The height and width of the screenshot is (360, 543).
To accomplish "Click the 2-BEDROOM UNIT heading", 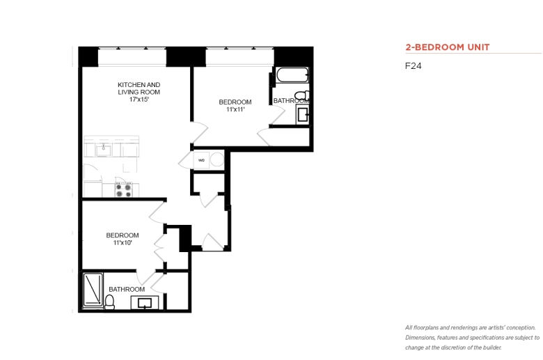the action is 448,47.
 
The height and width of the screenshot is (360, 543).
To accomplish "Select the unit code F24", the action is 413,66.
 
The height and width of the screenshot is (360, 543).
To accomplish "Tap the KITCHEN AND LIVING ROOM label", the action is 139,88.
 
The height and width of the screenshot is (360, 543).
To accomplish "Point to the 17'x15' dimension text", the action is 139,100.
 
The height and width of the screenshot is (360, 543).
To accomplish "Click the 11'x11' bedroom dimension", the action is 235,109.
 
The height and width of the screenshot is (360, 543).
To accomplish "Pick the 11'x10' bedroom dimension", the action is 123,242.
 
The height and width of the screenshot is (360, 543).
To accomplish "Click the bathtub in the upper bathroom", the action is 292,75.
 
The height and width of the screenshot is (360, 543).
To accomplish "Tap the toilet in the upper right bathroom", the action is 301,95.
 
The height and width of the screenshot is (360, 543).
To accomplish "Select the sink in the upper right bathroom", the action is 303,115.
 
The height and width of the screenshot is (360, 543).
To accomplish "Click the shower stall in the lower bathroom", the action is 93,290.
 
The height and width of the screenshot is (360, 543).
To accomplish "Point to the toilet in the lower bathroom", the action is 110,302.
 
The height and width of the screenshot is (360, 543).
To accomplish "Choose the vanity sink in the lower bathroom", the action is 144,303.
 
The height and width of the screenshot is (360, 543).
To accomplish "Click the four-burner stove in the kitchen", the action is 124,190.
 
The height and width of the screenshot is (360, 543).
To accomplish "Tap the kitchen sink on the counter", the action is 104,150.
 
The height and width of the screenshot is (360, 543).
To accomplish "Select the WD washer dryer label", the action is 201,160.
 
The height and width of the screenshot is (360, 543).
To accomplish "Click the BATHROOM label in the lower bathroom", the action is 127,289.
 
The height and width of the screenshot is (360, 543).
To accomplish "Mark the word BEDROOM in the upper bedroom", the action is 235,102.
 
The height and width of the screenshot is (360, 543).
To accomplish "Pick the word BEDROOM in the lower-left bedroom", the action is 123,235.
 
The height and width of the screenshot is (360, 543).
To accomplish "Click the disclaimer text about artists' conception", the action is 473,338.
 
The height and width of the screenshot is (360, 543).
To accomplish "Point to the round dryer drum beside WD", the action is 217,159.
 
